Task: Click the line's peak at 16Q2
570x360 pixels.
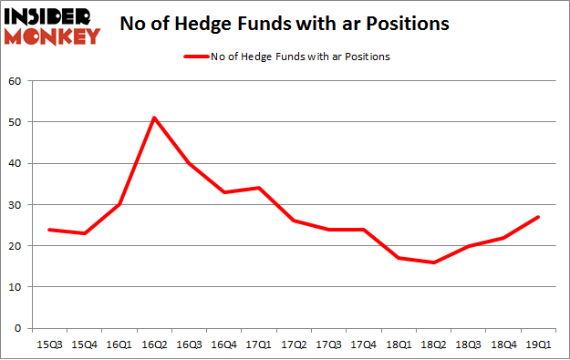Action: pos(154,118)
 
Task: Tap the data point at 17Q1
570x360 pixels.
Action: pos(260,188)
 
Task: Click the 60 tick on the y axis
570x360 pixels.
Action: pos(15,80)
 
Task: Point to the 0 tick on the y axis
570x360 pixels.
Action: pos(17,328)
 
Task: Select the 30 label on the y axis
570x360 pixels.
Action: pos(15,204)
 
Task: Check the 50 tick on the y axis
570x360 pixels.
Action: pos(15,121)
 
